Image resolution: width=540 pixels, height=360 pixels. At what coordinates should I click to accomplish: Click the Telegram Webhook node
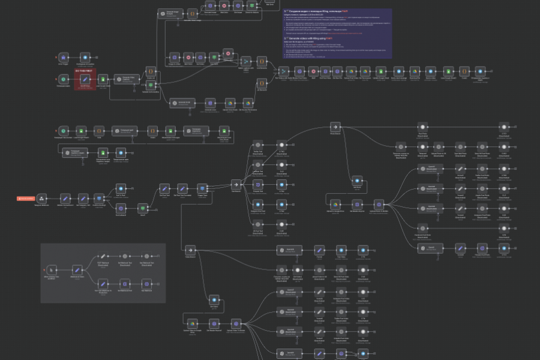(42, 198)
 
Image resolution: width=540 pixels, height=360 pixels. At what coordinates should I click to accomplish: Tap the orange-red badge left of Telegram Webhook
(26, 198)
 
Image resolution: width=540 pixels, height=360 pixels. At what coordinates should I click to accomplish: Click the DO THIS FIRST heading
(85, 71)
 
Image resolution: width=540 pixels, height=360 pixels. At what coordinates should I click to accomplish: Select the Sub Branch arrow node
(236, 185)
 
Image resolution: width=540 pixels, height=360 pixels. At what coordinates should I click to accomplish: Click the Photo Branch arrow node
(335, 127)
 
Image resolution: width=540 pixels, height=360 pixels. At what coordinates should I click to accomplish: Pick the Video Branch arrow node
(190, 249)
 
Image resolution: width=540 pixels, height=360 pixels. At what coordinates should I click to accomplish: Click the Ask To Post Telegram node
(121, 188)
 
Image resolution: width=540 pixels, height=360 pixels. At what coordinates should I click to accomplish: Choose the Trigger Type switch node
(202, 188)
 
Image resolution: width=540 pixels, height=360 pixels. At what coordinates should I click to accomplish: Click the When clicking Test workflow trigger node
(52, 269)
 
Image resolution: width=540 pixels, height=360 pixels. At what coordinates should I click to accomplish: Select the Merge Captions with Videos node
(245, 61)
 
